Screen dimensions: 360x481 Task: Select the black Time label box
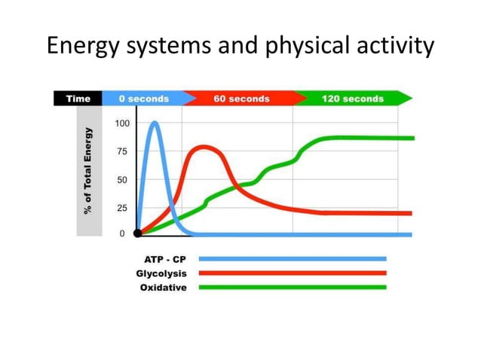(78, 99)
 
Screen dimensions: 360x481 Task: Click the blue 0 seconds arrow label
(143, 99)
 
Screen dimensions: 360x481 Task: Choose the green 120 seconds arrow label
(353, 99)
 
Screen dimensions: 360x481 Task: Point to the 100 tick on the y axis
(122, 123)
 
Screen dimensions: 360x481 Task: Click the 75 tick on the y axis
(122, 151)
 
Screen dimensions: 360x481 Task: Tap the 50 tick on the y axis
(122, 180)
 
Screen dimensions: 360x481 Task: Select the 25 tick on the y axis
(122, 208)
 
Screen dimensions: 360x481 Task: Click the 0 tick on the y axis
(122, 233)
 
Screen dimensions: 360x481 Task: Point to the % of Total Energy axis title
(88, 170)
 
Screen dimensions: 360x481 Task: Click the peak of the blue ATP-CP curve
(155, 123)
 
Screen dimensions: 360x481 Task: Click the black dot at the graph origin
(137, 233)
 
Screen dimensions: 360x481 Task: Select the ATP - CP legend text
(165, 259)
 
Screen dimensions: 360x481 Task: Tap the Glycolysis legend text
(161, 273)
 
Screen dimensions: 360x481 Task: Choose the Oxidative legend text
(163, 288)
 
